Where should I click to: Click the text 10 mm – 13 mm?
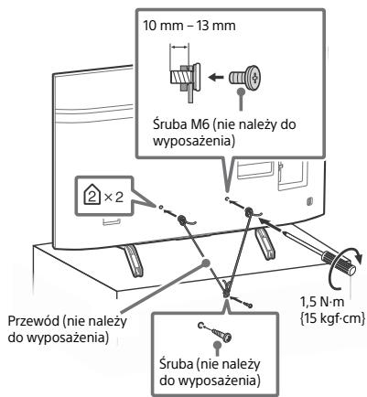(189, 26)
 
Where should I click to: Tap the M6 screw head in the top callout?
(254, 77)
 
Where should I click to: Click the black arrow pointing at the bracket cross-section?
(217, 77)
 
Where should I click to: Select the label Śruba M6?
(179, 124)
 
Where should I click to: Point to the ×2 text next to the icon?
(113, 198)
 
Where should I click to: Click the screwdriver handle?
(339, 261)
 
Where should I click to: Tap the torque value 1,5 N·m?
(322, 302)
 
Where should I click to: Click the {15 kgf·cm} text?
(332, 317)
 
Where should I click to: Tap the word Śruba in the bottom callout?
(176, 364)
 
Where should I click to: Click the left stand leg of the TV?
(133, 260)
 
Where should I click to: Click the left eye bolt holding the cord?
(181, 219)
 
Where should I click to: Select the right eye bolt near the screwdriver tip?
(249, 211)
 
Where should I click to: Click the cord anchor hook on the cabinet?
(226, 290)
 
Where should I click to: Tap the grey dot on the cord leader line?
(207, 263)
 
